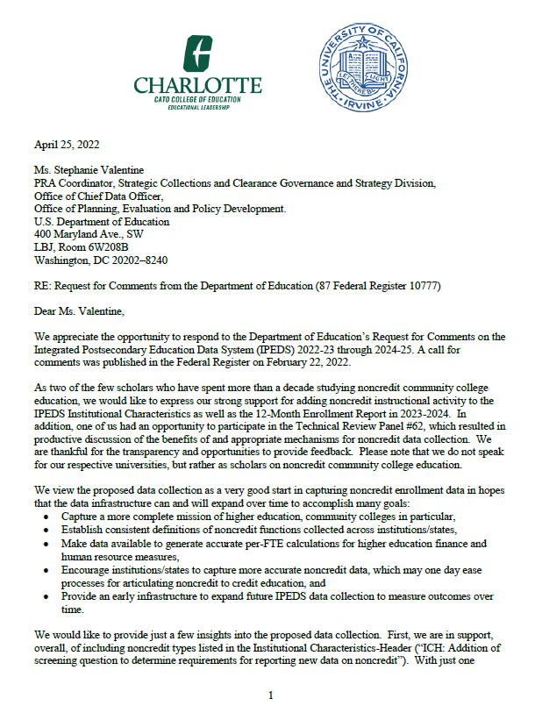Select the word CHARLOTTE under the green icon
(x=197, y=86)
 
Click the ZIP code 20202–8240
(x=139, y=260)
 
